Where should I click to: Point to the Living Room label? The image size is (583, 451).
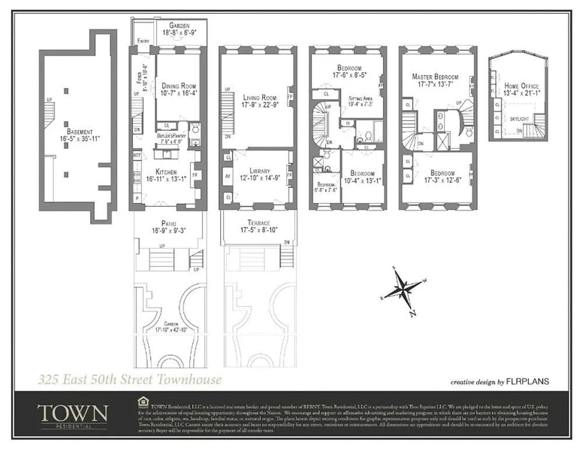point(260,100)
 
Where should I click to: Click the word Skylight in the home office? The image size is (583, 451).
point(519,120)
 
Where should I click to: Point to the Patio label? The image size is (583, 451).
point(169,227)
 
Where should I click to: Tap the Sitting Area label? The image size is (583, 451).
point(360,100)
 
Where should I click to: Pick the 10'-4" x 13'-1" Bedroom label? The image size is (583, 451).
point(362,177)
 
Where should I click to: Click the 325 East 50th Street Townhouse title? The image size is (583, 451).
point(130,379)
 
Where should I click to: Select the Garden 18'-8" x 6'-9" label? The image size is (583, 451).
point(179,29)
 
